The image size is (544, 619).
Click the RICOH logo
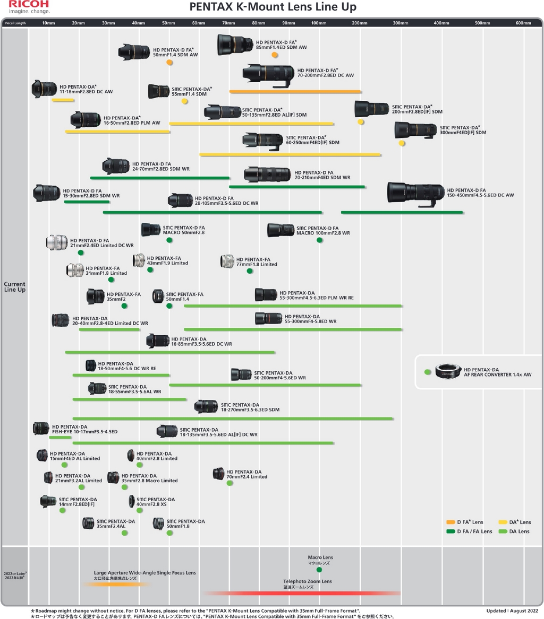[x=29, y=4]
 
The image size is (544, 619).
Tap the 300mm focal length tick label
[x=401, y=23]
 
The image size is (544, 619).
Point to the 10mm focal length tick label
[x=49, y=23]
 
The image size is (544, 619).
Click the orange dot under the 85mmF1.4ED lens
[x=275, y=55]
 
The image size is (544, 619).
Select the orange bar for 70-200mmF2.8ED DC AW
[x=295, y=92]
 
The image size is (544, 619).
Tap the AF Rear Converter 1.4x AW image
[x=448, y=371]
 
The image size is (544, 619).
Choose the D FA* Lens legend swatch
[x=450, y=522]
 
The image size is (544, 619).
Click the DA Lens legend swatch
[x=503, y=531]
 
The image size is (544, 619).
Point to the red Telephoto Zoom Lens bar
[x=302, y=593]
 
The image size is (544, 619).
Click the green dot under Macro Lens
[x=319, y=570]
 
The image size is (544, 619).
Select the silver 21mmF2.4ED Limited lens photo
[x=57, y=242]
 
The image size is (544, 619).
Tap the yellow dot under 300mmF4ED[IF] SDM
[x=402, y=143]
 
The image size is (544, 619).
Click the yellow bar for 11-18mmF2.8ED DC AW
[x=63, y=100]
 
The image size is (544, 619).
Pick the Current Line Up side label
[x=15, y=286]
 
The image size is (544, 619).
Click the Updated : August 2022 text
[x=512, y=611]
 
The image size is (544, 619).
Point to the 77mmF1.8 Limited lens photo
[x=227, y=261]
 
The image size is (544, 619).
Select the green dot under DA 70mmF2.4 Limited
[x=229, y=483]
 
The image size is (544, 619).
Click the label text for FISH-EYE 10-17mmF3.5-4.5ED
[x=84, y=429]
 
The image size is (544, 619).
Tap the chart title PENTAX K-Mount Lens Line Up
[x=273, y=7]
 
